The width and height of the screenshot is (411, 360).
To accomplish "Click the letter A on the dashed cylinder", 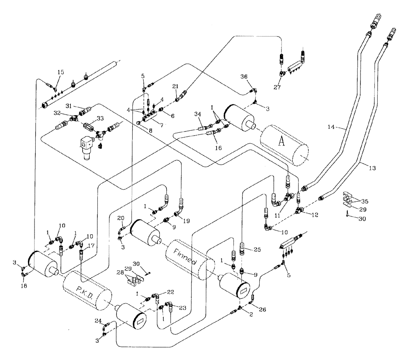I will click(282, 141).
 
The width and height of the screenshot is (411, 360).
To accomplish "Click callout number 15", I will click(61, 72).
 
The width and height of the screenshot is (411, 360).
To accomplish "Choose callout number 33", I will click(99, 118).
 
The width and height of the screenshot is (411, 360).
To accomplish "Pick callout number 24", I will click(97, 320).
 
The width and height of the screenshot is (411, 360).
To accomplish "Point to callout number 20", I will click(120, 218).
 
